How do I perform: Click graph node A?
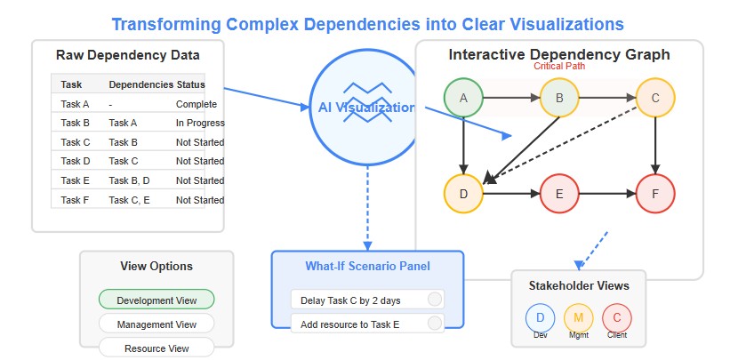pyautogui.click(x=463, y=98)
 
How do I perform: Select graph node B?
pyautogui.click(x=559, y=98)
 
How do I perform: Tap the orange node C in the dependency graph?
pyautogui.click(x=655, y=98)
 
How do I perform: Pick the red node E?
pyautogui.click(x=559, y=194)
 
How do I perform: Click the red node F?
pyautogui.click(x=655, y=194)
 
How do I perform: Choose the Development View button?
pyautogui.click(x=156, y=300)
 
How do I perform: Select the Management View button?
pyautogui.click(x=156, y=324)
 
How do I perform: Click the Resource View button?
pyautogui.click(x=156, y=348)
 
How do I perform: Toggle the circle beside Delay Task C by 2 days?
pyautogui.click(x=435, y=300)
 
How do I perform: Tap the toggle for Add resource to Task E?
pyautogui.click(x=435, y=324)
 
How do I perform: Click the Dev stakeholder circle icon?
pyautogui.click(x=540, y=318)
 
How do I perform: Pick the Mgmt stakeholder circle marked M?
pyautogui.click(x=578, y=318)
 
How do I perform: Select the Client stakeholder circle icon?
pyautogui.click(x=617, y=318)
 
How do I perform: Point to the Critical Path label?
pyautogui.click(x=559, y=66)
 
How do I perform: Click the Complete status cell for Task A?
pyautogui.click(x=196, y=104)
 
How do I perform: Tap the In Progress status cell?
pyautogui.click(x=200, y=123)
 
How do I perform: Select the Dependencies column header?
pyautogui.click(x=141, y=84)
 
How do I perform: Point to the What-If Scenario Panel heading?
pyautogui.click(x=367, y=266)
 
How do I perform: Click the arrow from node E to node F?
pyautogui.click(x=607, y=194)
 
